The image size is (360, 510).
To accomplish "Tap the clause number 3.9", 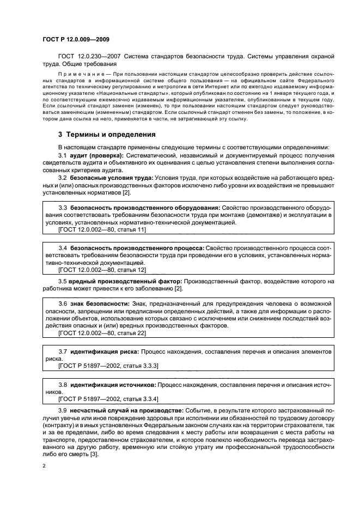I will click(x=62, y=410).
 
